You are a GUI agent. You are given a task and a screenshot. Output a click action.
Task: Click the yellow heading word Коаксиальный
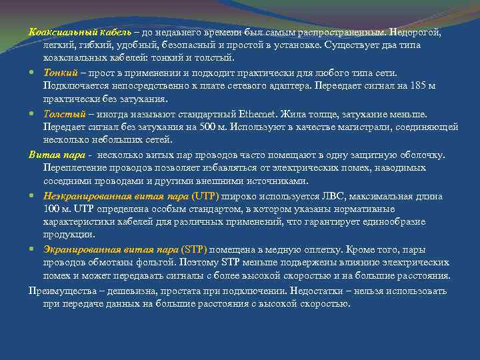(63, 32)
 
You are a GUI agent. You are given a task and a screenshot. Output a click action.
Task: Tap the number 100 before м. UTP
(53, 209)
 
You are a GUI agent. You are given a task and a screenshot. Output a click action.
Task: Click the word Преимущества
(61, 291)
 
